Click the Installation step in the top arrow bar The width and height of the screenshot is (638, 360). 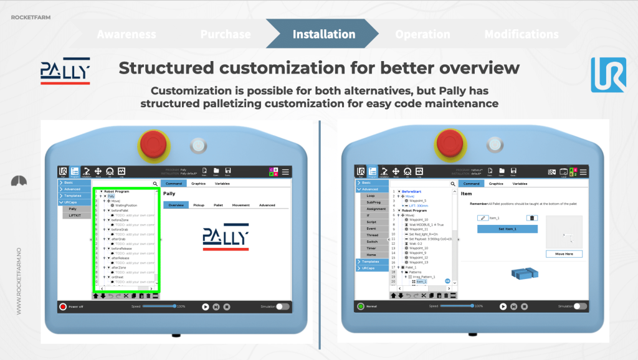click(x=323, y=34)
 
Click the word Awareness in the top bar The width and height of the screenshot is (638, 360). click(x=126, y=34)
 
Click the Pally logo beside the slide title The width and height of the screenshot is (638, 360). click(x=65, y=70)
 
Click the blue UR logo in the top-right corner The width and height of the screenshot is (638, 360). click(x=608, y=75)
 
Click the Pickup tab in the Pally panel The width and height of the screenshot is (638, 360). click(x=198, y=205)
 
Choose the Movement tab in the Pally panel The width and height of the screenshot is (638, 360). click(x=240, y=205)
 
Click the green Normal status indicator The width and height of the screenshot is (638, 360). click(x=361, y=306)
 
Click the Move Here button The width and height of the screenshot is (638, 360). click(x=564, y=253)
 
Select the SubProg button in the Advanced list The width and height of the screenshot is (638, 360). click(x=373, y=202)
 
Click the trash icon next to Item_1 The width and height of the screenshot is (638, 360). click(x=531, y=218)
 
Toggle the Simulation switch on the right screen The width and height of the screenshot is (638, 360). click(x=579, y=306)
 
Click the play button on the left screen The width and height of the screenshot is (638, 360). click(x=205, y=306)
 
